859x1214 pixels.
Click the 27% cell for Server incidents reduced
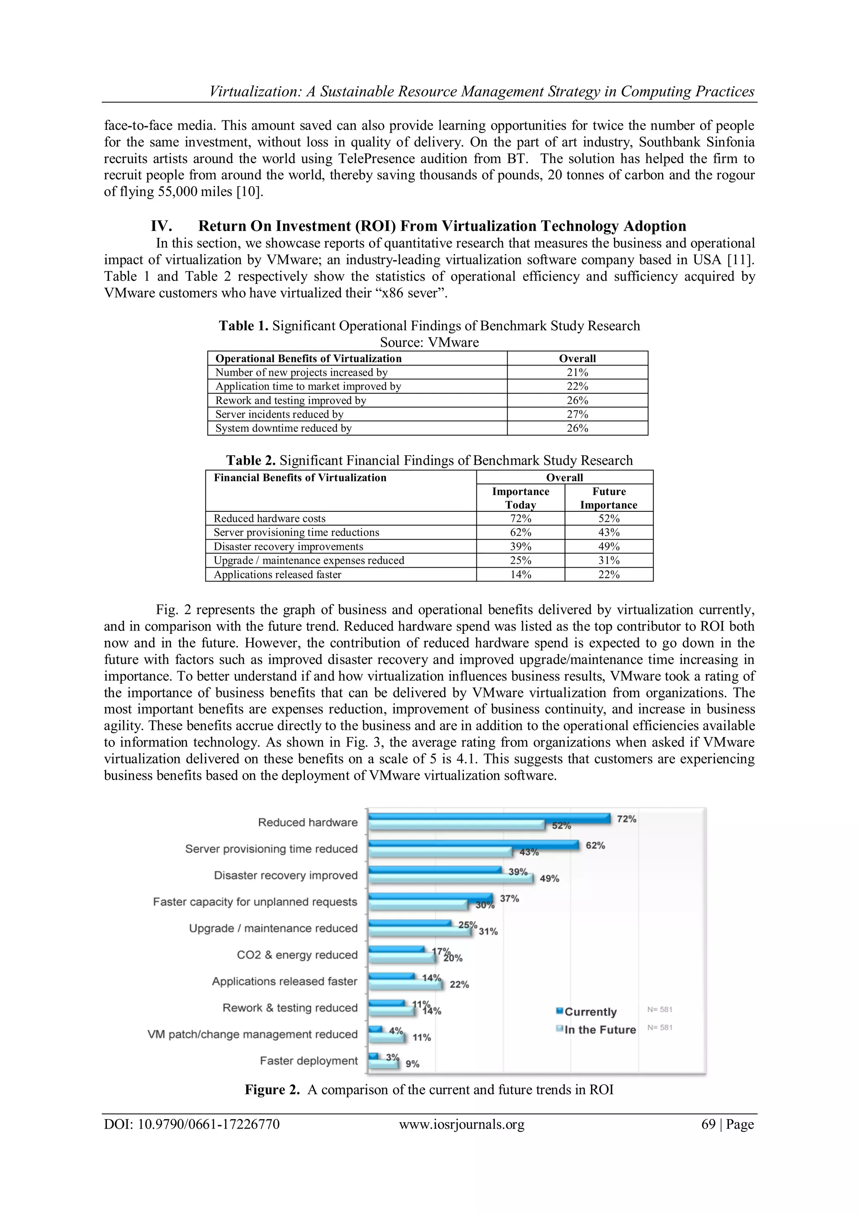pyautogui.click(x=577, y=414)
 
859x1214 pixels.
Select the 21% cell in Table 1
pyautogui.click(x=577, y=372)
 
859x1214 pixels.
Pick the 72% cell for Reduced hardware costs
pyautogui.click(x=521, y=518)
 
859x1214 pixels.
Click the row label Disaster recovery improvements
pyautogui.click(x=288, y=546)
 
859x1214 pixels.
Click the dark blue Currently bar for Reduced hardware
pyautogui.click(x=489, y=817)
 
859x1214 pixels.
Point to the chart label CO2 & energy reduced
pyautogui.click(x=297, y=955)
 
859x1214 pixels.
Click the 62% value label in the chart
pyautogui.click(x=595, y=846)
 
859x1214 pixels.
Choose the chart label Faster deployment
pyautogui.click(x=309, y=1061)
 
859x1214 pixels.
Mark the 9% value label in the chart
pyautogui.click(x=413, y=1064)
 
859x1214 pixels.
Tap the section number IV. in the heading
pyautogui.click(x=161, y=226)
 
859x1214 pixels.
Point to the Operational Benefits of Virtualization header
pyautogui.click(x=308, y=358)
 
